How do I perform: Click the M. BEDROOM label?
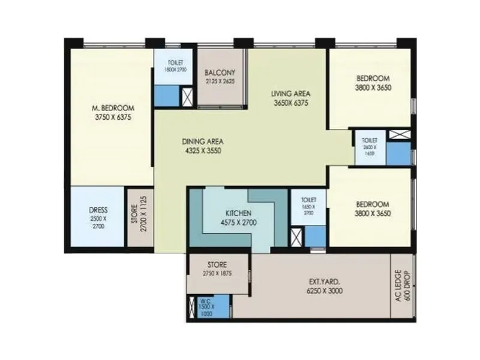113,108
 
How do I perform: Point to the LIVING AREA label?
289,94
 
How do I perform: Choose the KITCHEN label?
238,214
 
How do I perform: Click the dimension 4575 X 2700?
238,223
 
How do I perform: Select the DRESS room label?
98,210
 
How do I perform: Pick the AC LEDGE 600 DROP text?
401,286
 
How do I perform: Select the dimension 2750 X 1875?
217,273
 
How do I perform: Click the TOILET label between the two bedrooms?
369,139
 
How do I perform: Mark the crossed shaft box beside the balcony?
187,96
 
